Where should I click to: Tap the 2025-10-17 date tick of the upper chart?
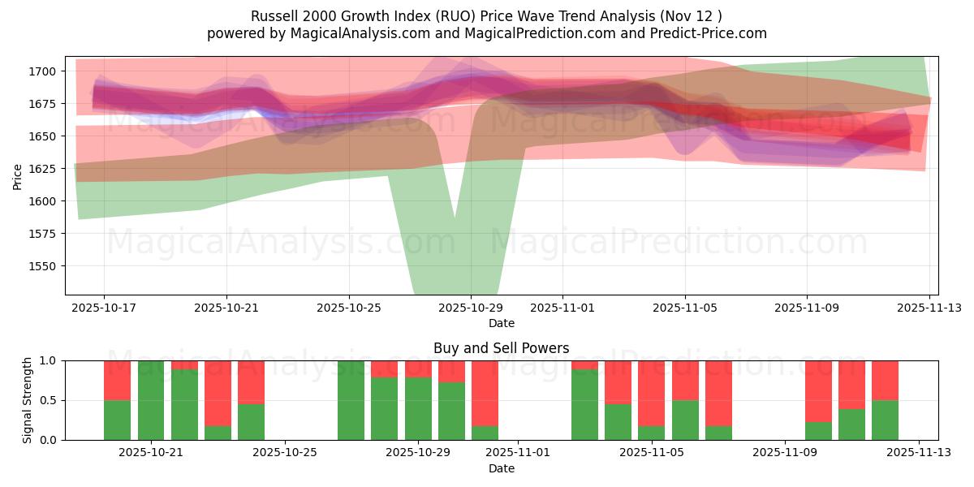coord(104,308)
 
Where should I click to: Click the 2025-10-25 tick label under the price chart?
coord(349,308)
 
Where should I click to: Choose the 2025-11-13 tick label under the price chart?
coord(929,308)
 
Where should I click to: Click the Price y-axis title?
coord(18,175)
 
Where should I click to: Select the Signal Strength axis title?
coord(27,399)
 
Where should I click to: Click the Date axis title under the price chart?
coord(501,323)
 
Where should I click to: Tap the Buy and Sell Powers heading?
coord(501,348)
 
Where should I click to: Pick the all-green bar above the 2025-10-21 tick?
coord(151,399)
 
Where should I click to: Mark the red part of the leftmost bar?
coord(117,380)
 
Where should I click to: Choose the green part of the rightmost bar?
coord(885,420)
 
